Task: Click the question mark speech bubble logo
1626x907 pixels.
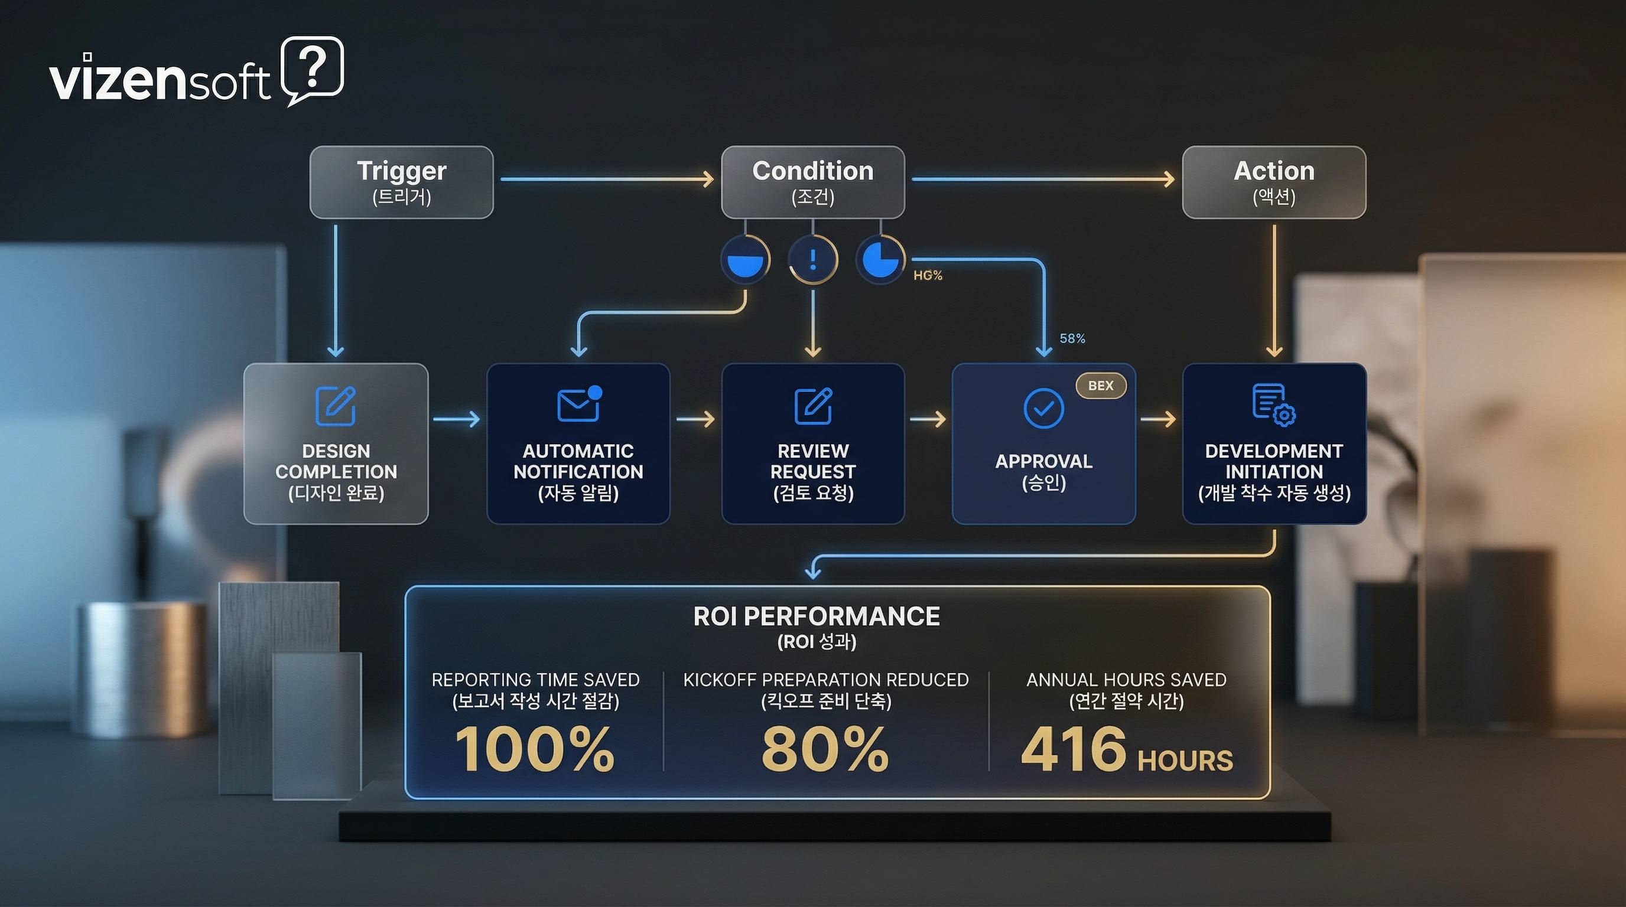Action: tap(313, 68)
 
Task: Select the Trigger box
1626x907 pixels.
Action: tap(401, 182)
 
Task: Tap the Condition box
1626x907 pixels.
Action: tap(813, 182)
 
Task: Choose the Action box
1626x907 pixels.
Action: tap(1274, 182)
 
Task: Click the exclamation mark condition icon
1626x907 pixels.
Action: tap(813, 260)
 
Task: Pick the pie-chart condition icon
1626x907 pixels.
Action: tap(880, 260)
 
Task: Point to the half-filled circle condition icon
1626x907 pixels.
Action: tap(746, 260)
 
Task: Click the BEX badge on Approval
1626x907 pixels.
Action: tap(1101, 386)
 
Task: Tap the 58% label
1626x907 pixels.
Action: tap(1072, 339)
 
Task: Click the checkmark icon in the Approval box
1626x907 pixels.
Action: tap(1043, 409)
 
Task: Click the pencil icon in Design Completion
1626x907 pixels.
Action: tap(335, 406)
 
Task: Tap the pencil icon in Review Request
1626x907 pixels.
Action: tap(813, 406)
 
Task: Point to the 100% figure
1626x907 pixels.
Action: tap(534, 749)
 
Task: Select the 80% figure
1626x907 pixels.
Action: tap(825, 749)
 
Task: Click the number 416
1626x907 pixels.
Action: tap(1073, 749)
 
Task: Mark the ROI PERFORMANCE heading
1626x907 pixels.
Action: tap(816, 616)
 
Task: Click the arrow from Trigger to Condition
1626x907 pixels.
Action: tap(606, 179)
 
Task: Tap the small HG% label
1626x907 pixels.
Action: tap(927, 275)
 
